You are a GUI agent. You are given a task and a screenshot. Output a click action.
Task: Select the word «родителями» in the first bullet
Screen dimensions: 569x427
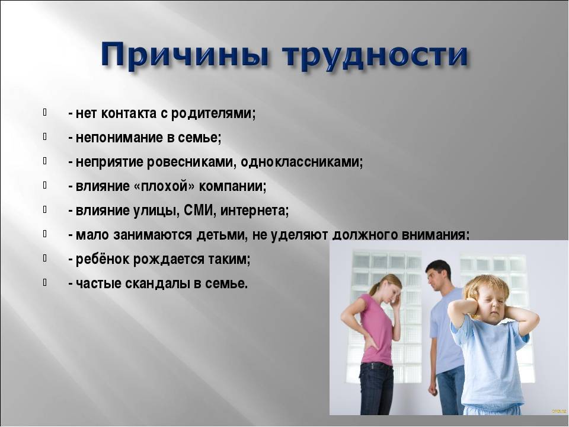coord(213,114)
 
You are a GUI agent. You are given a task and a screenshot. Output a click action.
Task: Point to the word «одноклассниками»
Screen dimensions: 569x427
coord(302,162)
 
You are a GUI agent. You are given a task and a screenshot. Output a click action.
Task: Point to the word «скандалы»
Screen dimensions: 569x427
coord(158,283)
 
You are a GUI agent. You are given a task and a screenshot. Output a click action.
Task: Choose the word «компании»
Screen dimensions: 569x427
coord(232,186)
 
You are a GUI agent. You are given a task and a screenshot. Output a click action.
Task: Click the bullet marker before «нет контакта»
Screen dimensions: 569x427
coord(44,112)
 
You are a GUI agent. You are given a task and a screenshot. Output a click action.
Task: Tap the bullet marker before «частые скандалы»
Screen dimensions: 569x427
coord(44,282)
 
